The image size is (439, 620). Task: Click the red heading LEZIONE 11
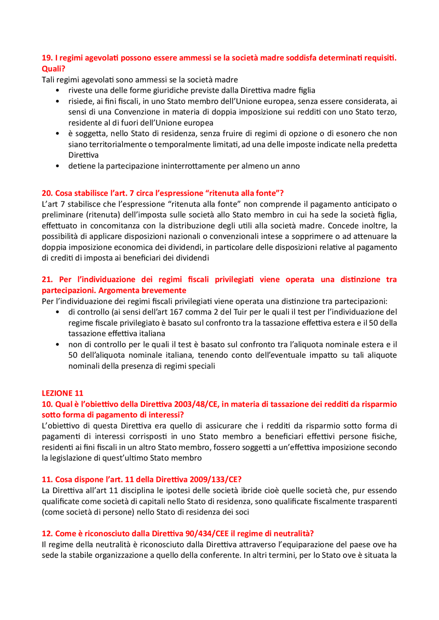(x=62, y=393)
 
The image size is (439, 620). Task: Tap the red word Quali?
(x=54, y=69)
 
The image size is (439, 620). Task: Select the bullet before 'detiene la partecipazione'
(x=57, y=166)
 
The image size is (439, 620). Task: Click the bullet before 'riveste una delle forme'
(x=57, y=90)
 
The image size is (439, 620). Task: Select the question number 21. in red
(x=47, y=279)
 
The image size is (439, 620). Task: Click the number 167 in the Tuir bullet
(x=176, y=312)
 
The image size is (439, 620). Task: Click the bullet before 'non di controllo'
(x=57, y=344)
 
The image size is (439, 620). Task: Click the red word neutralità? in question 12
(x=294, y=533)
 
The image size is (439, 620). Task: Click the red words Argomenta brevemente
(x=142, y=290)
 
